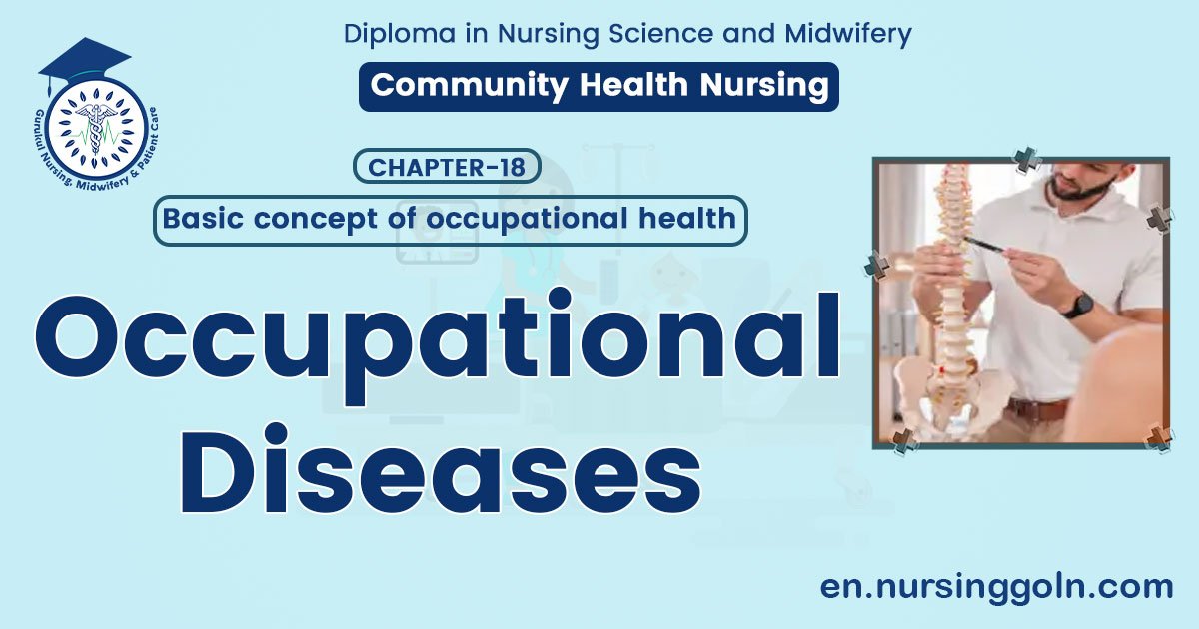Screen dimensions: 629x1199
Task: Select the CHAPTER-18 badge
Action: point(447,167)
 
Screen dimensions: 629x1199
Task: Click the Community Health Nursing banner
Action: point(599,86)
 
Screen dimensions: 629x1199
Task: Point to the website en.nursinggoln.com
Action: point(996,587)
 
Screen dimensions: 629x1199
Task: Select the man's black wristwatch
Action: point(1077,305)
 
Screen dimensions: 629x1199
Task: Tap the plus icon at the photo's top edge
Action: point(1026,158)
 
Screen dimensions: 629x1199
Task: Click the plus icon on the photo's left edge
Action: point(876,265)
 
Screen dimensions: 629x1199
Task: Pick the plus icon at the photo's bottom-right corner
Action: point(1159,437)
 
